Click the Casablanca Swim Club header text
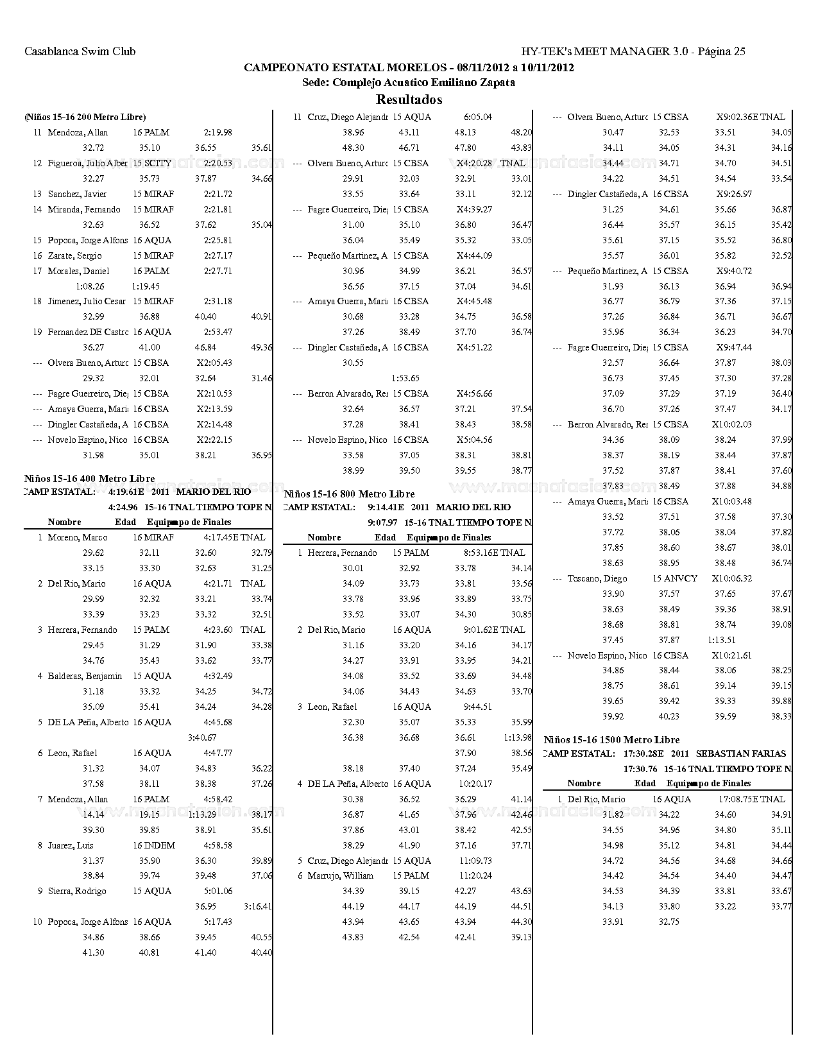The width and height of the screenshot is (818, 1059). coord(80,52)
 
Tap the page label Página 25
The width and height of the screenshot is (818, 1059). coord(721,52)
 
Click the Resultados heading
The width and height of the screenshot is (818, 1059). coord(409,99)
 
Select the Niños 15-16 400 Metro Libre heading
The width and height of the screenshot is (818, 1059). coord(89,479)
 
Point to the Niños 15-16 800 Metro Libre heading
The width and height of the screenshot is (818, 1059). coord(349,494)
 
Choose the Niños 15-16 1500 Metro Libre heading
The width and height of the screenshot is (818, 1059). coord(611,740)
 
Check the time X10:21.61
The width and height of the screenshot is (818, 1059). coord(731,655)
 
